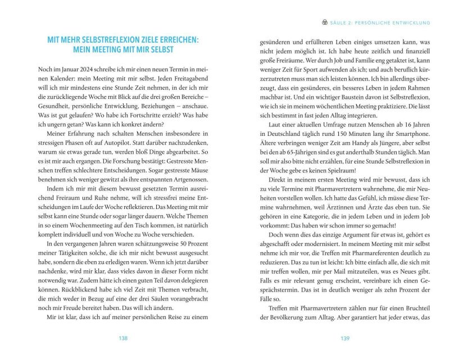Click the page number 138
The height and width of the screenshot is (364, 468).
[123, 339]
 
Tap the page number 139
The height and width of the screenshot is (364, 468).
[345, 339]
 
